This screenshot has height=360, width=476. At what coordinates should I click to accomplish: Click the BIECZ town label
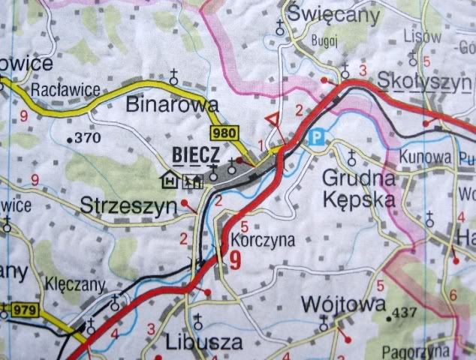[x=194, y=153]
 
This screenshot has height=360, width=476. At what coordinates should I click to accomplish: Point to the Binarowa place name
[x=172, y=104]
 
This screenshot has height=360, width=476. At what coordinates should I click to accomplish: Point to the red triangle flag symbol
[x=275, y=119]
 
